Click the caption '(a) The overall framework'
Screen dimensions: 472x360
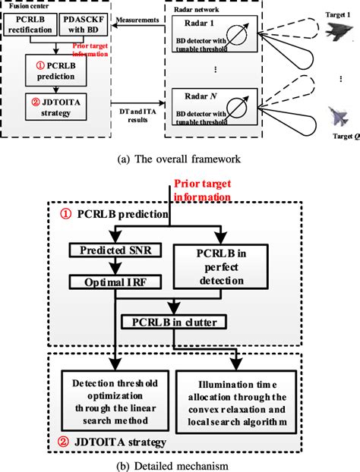pyautogui.click(x=180, y=159)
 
